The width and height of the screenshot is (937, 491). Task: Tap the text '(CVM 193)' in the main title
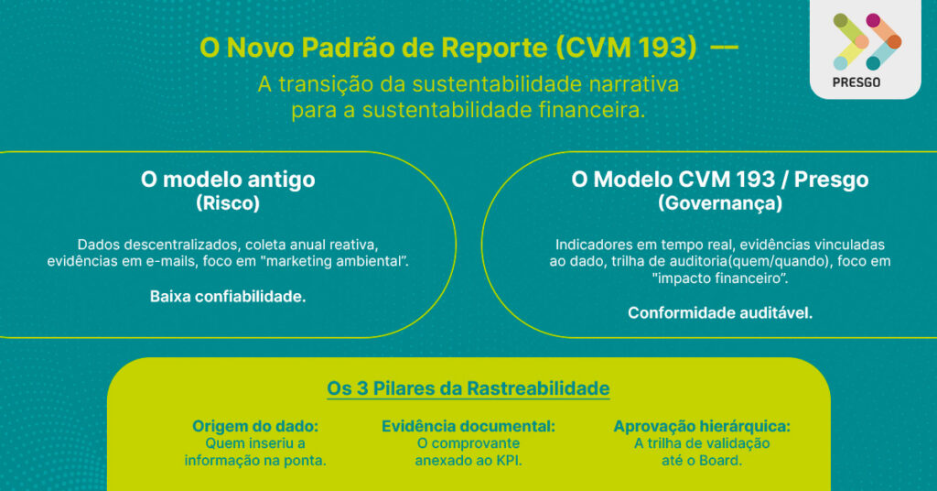626,48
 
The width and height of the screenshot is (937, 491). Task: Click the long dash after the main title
725,48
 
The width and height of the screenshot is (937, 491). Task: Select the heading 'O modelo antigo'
228,180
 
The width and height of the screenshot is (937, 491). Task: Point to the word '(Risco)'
228,203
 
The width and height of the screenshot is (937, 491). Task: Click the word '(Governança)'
720,203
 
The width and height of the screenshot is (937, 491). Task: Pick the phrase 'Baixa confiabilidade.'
228,297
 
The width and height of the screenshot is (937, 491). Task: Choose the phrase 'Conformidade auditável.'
720,312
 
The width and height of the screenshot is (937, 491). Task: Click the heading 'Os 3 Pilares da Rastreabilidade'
468,388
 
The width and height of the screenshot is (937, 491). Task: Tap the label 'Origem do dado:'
255,426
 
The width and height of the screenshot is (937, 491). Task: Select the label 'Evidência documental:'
468,426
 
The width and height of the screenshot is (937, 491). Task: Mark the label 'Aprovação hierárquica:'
702,426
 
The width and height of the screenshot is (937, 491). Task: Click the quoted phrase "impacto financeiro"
719,278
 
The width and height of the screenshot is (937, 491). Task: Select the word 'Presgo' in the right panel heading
831,180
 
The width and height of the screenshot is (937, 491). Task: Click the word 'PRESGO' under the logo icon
856,82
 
